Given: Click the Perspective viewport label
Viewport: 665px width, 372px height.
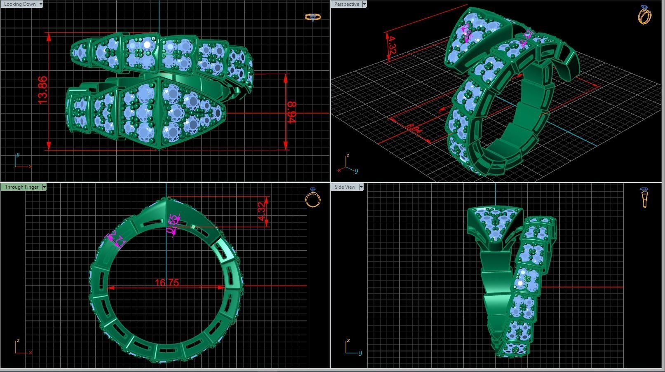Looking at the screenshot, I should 346,4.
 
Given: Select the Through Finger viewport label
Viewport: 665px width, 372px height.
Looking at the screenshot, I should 21,187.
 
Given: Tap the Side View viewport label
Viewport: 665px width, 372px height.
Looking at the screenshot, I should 345,187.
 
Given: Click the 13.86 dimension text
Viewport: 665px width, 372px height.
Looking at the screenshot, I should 42,90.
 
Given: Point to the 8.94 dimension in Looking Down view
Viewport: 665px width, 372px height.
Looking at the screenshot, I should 291,112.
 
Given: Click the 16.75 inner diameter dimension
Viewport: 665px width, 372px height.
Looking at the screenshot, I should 167,283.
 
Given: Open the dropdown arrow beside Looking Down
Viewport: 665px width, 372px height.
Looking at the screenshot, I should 41,4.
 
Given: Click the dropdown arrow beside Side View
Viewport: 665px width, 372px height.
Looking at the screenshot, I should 361,187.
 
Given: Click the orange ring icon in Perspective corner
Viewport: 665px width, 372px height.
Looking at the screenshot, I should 644,15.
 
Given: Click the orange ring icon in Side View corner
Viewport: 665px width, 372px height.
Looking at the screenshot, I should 644,197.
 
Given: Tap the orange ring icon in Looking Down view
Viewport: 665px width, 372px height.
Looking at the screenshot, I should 313,17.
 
